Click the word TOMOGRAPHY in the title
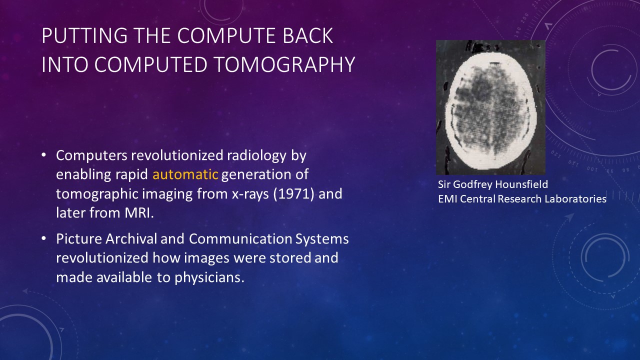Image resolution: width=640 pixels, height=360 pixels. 284,64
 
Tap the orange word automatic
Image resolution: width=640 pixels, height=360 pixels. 185,174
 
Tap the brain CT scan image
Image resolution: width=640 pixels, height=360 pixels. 490,107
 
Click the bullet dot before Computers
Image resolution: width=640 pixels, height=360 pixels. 43,155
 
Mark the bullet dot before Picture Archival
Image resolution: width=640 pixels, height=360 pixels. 43,238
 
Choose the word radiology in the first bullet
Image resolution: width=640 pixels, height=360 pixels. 256,155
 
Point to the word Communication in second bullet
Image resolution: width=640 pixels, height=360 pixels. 240,239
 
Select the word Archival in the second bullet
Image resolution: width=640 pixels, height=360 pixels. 131,239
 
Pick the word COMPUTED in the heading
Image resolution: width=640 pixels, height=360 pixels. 150,64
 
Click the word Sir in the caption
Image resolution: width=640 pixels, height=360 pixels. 444,184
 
